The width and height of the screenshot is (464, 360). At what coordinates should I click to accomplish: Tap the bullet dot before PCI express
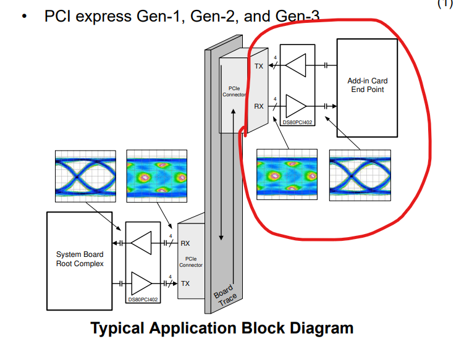24,17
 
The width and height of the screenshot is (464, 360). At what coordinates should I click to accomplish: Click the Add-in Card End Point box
367,86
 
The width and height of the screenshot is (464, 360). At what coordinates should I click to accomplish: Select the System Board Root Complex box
80,259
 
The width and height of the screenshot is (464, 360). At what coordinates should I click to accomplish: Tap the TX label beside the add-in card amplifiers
259,65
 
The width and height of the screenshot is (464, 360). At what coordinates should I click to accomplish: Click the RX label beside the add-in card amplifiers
259,106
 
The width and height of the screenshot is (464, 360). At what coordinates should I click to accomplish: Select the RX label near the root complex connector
185,244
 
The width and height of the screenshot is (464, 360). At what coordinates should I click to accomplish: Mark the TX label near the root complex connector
185,283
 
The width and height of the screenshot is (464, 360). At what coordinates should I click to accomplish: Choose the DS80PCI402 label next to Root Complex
143,299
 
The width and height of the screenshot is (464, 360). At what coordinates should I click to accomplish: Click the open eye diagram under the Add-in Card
360,175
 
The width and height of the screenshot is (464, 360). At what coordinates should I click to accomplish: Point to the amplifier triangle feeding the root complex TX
142,283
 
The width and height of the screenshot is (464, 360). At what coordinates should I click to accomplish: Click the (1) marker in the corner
445,4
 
